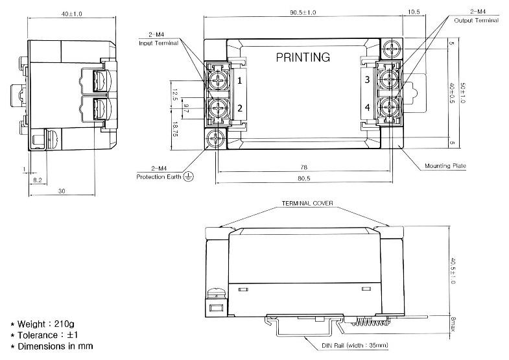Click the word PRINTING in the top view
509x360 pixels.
[x=303, y=58]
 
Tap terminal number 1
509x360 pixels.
[x=239, y=81]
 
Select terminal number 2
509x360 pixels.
[x=239, y=108]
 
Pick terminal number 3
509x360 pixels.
[x=367, y=80]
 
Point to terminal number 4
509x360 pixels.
[x=367, y=107]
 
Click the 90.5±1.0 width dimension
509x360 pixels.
[x=303, y=13]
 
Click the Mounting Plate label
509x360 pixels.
[x=445, y=166]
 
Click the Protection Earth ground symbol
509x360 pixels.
[x=188, y=176]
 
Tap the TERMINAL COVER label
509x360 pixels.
[x=307, y=203]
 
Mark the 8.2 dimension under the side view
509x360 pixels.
[x=38, y=180]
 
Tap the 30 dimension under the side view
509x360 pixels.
[x=60, y=192]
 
